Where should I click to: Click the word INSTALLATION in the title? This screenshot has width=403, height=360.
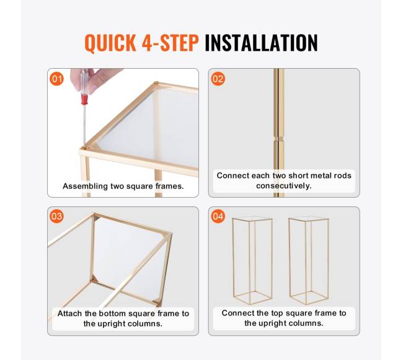tap(260, 43)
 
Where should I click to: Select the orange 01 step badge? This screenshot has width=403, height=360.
tap(57, 79)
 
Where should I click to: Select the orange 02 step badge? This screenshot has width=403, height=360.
tap(218, 79)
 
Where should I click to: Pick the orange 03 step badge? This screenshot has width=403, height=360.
tap(57, 216)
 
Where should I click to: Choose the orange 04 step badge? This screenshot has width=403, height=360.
tap(218, 216)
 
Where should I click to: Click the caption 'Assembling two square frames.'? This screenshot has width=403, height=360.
tap(123, 186)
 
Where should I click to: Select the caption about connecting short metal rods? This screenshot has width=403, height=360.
tap(284, 180)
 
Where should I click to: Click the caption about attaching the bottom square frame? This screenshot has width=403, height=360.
tap(123, 318)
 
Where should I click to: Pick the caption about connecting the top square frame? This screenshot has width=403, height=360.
tap(284, 318)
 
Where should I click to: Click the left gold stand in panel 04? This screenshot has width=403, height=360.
tap(252, 260)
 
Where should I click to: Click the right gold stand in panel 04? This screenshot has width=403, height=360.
tap(308, 260)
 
